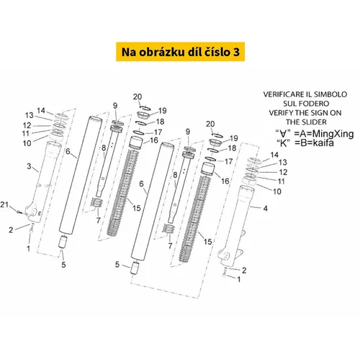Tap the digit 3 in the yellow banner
(236, 52)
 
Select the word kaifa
(323, 143)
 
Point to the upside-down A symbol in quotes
(284, 134)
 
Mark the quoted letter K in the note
(284, 143)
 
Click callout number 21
(4, 204)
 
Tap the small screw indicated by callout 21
(19, 212)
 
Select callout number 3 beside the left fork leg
(29, 166)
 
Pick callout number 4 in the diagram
(265, 208)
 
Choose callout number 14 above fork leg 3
(41, 110)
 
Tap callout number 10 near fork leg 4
(277, 192)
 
